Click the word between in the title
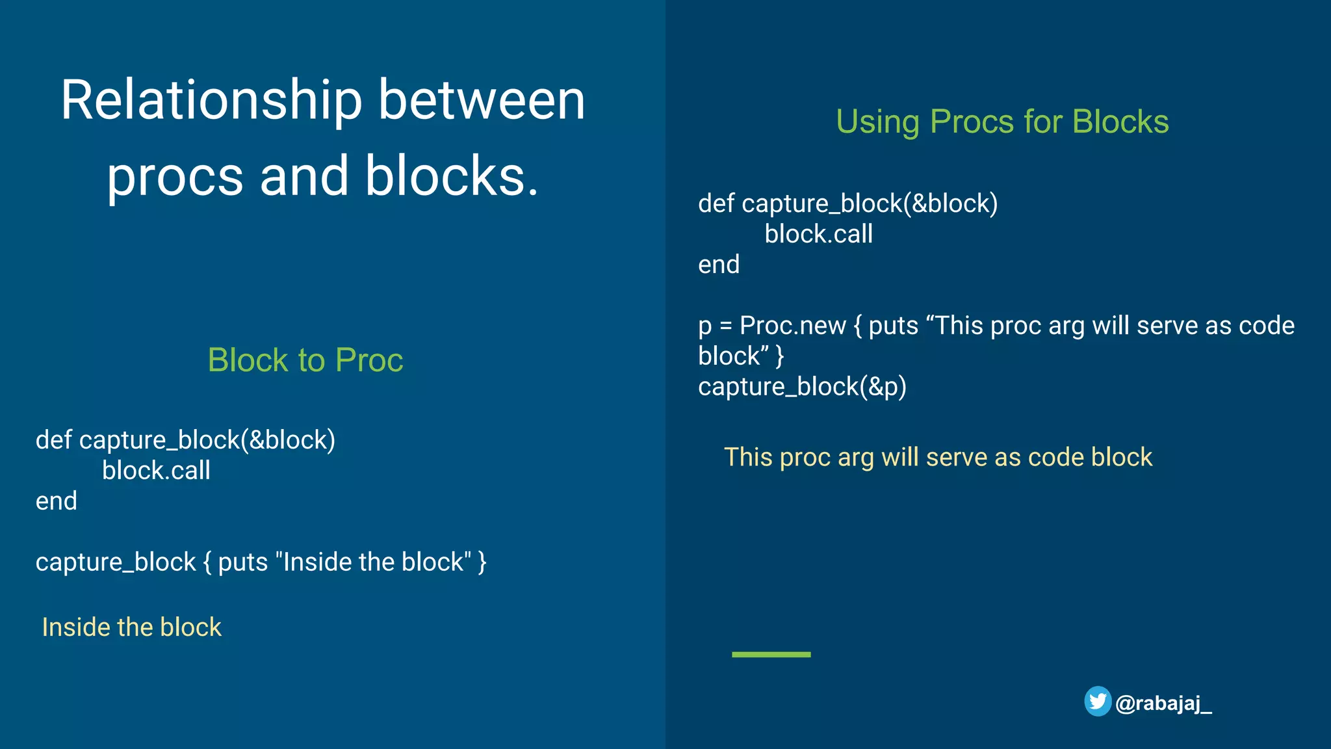click(482, 101)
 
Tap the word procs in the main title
click(175, 177)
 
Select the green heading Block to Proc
click(305, 360)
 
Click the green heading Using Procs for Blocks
click(1002, 122)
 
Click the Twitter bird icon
click(1098, 702)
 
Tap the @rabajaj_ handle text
click(1163, 703)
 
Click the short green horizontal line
click(771, 654)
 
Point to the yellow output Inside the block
click(131, 627)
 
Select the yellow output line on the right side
click(938, 457)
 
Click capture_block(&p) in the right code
click(802, 387)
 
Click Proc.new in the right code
click(792, 326)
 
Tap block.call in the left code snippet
click(156, 471)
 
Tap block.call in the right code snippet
click(818, 234)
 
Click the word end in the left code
click(56, 501)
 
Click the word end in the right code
click(718, 265)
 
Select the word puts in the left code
click(242, 562)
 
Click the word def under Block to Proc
click(53, 440)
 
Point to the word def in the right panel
click(716, 204)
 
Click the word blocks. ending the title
click(452, 177)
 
